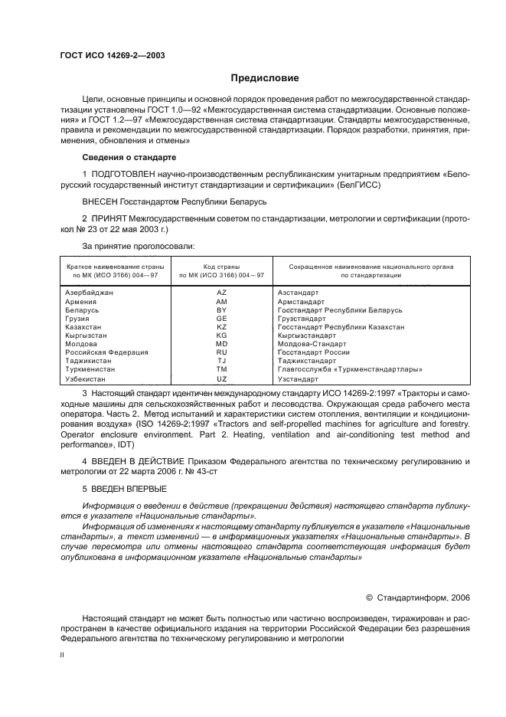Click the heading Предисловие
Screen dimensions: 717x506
coord(265,78)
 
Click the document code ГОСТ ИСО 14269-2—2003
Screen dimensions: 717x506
coord(112,56)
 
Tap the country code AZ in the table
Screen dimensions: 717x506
coord(221,293)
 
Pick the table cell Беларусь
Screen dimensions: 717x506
coord(82,309)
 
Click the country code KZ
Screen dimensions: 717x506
coord(221,326)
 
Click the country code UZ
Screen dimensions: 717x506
coord(221,378)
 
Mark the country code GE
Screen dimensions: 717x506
coord(221,318)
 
